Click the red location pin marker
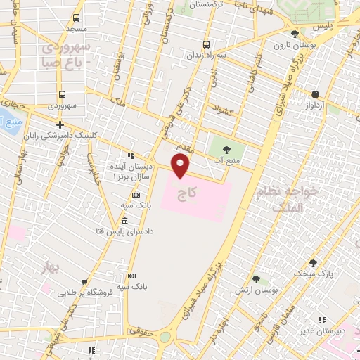[x=181, y=166]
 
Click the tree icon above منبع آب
[x=227, y=149]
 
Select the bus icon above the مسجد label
[x=76, y=18]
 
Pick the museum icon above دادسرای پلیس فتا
[x=124, y=221]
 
